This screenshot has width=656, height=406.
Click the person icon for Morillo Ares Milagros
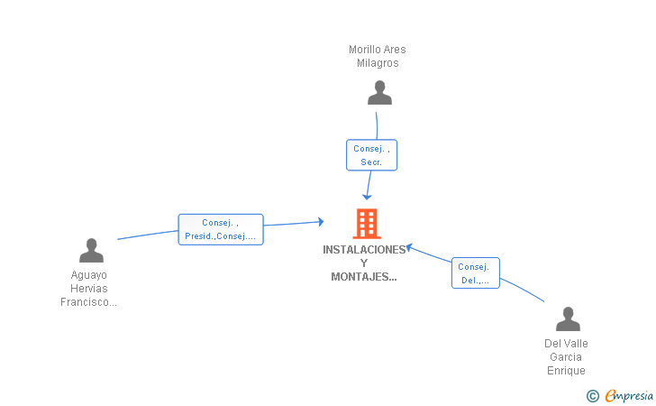[x=379, y=93]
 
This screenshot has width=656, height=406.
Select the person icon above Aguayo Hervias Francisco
[x=91, y=250]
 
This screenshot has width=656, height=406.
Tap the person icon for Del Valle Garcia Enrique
[x=568, y=318]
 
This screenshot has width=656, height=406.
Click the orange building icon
[x=367, y=224]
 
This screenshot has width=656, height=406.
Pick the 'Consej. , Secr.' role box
[x=371, y=155]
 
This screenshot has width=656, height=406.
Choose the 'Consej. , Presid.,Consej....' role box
[x=221, y=229]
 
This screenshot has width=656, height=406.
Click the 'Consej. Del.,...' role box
[x=475, y=272]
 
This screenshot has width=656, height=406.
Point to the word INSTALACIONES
[x=364, y=250]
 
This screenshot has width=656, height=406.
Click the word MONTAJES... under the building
[x=363, y=277]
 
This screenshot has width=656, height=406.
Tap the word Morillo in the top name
[x=364, y=50]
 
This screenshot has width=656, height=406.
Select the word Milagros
[x=378, y=63]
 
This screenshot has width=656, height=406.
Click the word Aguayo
[x=88, y=275]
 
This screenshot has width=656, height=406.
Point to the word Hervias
[x=88, y=289]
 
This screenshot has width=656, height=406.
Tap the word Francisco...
[x=88, y=302]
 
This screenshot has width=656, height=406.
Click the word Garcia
[x=566, y=357]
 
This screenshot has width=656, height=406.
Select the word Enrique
[x=566, y=371]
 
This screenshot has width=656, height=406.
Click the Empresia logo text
[x=629, y=395]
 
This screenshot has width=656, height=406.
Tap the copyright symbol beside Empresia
[x=592, y=396]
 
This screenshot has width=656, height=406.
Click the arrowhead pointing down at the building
[x=367, y=197]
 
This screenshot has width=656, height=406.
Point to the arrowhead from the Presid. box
[x=321, y=222]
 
